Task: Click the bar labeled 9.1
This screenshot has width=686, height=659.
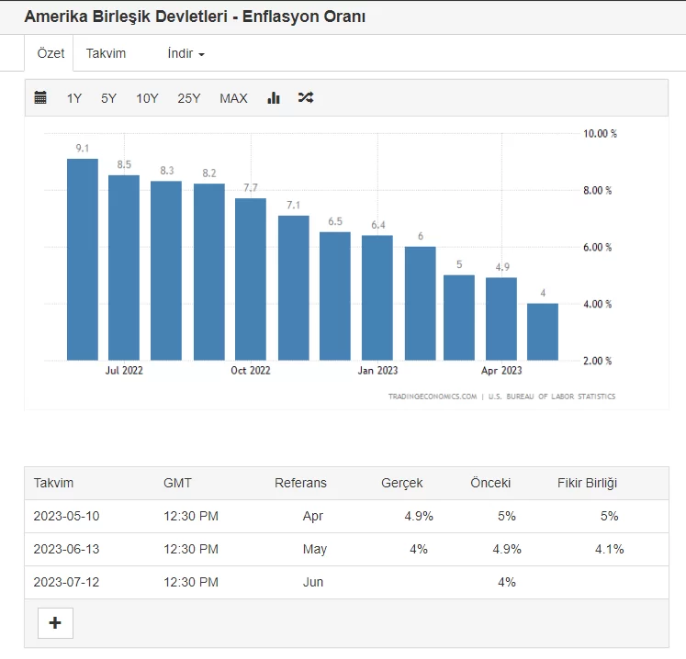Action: pyautogui.click(x=82, y=260)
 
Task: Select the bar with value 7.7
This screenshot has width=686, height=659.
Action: pyautogui.click(x=251, y=279)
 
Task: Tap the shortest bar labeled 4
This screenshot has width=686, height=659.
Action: pyautogui.click(x=543, y=331)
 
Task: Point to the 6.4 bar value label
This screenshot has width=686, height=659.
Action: pyautogui.click(x=378, y=225)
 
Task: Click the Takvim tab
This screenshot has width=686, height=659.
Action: pyautogui.click(x=106, y=53)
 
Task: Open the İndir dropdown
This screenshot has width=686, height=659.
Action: pyautogui.click(x=186, y=53)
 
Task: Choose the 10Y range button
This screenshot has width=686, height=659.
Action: pyautogui.click(x=147, y=98)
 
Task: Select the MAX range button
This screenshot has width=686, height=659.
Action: pyautogui.click(x=233, y=98)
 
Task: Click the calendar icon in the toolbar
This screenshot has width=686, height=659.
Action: pyautogui.click(x=40, y=97)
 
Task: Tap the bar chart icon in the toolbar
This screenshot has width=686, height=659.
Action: pyautogui.click(x=274, y=97)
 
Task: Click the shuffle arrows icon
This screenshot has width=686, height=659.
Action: pyautogui.click(x=306, y=97)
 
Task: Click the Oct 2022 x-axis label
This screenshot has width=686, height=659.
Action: pyautogui.click(x=250, y=371)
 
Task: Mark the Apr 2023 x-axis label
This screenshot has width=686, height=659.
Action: pyautogui.click(x=501, y=371)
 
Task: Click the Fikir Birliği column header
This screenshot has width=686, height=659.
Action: pyautogui.click(x=587, y=483)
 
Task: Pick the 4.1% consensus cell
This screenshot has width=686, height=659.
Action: pyautogui.click(x=609, y=549)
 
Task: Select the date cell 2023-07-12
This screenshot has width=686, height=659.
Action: pyautogui.click(x=66, y=582)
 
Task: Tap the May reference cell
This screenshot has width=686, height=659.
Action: pyautogui.click(x=314, y=549)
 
